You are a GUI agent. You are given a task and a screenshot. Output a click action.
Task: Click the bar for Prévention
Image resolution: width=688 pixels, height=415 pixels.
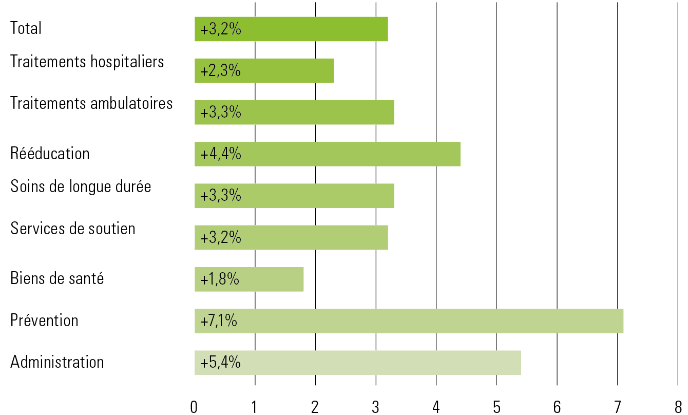(409, 321)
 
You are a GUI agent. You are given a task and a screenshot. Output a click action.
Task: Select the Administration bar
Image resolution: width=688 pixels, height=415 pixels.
(357, 363)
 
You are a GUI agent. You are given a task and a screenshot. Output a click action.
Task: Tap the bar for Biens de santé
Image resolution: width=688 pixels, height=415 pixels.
(249, 279)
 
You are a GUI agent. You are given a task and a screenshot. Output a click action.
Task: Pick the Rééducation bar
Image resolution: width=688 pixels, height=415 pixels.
(327, 154)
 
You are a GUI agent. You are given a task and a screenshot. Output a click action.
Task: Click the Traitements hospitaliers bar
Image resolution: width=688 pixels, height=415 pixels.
(264, 71)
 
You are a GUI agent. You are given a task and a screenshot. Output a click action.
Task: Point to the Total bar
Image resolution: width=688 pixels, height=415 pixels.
(291, 29)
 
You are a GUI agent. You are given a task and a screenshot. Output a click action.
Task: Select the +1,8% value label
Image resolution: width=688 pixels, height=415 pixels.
(220, 280)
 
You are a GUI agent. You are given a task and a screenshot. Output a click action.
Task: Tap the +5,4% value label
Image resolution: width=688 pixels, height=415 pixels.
(221, 363)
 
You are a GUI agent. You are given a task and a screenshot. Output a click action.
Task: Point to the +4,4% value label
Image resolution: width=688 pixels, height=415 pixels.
(221, 154)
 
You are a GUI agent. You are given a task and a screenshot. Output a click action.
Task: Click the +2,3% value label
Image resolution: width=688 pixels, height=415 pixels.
(221, 71)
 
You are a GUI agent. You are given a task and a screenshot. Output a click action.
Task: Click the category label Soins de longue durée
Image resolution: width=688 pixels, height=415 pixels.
(81, 186)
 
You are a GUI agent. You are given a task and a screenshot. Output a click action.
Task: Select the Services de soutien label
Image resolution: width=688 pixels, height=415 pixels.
(73, 228)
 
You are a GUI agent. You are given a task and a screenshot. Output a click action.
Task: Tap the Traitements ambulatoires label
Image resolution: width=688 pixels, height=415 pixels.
(91, 103)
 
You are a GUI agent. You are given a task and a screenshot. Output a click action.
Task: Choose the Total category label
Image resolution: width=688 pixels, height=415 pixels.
(26, 28)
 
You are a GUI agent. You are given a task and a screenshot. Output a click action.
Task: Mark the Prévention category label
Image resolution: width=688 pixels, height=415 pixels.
(44, 320)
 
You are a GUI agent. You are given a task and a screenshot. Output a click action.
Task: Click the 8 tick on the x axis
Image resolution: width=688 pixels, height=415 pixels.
(678, 407)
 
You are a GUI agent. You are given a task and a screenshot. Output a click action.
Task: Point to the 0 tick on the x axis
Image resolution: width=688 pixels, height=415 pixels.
(194, 407)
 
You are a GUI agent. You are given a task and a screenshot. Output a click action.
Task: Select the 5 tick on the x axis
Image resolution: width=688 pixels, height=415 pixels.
(496, 407)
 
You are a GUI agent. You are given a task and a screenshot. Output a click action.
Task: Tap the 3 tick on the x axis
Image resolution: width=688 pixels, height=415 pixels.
(376, 407)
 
